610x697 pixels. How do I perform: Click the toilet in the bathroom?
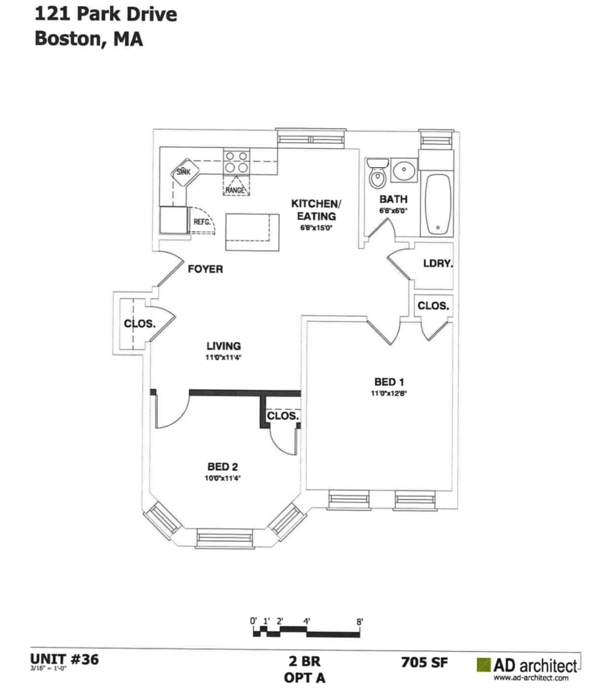point(376,174)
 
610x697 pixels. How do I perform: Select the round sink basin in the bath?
point(404,171)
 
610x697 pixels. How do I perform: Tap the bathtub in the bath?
point(438,204)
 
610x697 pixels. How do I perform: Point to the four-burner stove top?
point(236,162)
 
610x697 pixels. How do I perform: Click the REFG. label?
point(202,222)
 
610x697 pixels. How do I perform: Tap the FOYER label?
point(205,269)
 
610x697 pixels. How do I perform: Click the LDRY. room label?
point(438,264)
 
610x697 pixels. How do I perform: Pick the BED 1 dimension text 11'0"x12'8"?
point(389,393)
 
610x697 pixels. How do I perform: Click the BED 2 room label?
point(222,467)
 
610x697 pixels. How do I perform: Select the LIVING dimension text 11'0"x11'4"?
point(223,358)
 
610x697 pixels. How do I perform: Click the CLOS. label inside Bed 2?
point(283,417)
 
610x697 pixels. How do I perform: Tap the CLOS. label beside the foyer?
point(139,323)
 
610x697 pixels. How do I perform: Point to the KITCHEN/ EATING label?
point(316,210)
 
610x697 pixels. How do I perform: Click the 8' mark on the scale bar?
point(359,621)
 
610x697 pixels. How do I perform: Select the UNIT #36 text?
point(65,659)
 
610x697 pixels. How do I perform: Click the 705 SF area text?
point(424,662)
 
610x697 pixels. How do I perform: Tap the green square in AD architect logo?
point(483,665)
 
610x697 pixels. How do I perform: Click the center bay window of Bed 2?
point(225,538)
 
